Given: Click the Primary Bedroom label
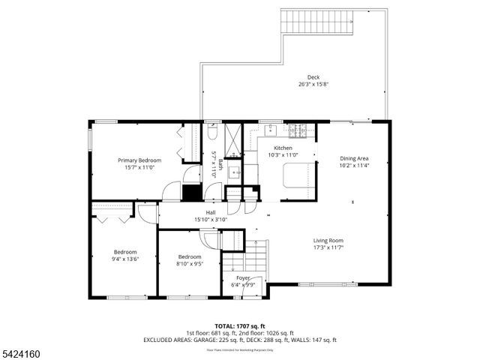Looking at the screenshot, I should pos(139,160).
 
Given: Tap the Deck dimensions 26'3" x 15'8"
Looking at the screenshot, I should pos(313,85).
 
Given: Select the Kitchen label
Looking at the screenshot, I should pos(283,148).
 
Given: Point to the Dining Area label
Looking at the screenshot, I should pos(354,158).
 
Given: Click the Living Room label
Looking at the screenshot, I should pos(328,241).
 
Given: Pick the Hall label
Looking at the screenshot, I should pos(201,213).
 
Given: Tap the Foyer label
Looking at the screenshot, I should pos(243,278).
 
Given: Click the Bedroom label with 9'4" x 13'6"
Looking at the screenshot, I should pos(125,251).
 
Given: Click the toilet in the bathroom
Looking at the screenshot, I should pos(213,134).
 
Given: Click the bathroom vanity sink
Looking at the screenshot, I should pos(235,171).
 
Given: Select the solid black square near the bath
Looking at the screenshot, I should pos(192,191).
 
